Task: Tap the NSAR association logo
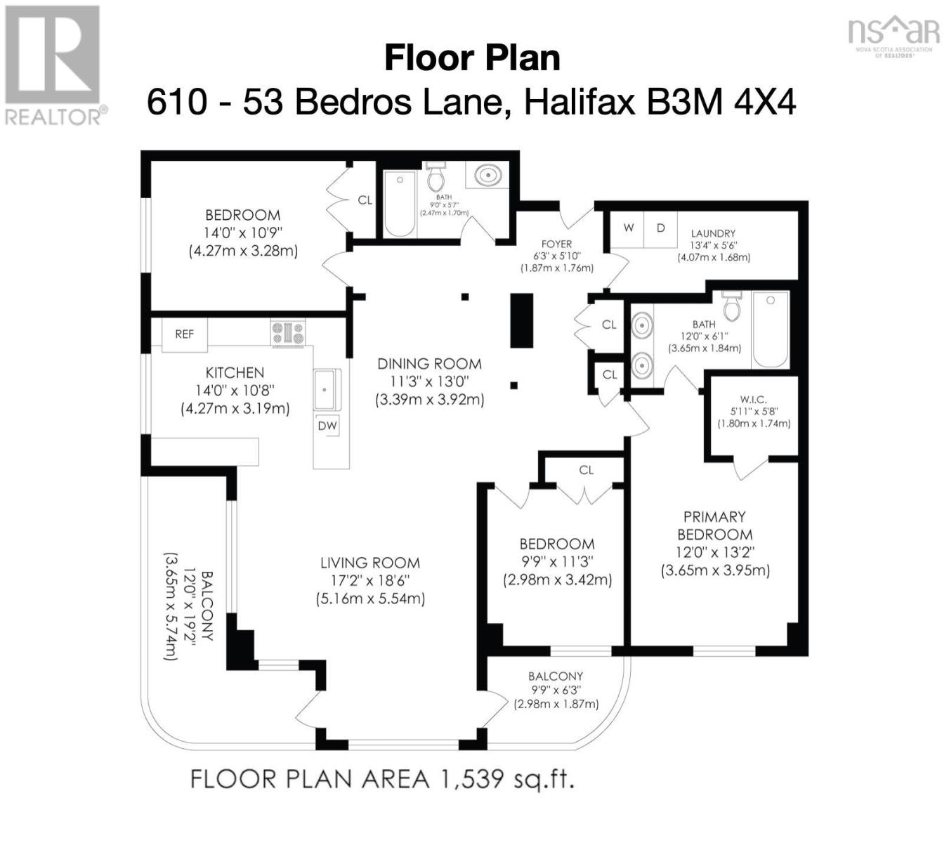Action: click(893, 36)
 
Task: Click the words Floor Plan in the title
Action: click(472, 58)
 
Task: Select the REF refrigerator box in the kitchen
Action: click(185, 334)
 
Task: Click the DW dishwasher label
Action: click(327, 426)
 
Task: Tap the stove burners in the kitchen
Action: click(288, 333)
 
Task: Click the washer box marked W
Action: click(629, 228)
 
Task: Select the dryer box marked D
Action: click(660, 228)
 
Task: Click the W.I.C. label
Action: click(753, 399)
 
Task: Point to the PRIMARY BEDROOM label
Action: click(714, 525)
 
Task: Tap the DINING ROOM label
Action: click(429, 364)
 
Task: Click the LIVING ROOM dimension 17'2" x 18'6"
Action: click(369, 581)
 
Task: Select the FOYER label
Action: click(556, 244)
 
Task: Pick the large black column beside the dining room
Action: click(521, 321)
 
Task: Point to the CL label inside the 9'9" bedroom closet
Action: click(587, 470)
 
